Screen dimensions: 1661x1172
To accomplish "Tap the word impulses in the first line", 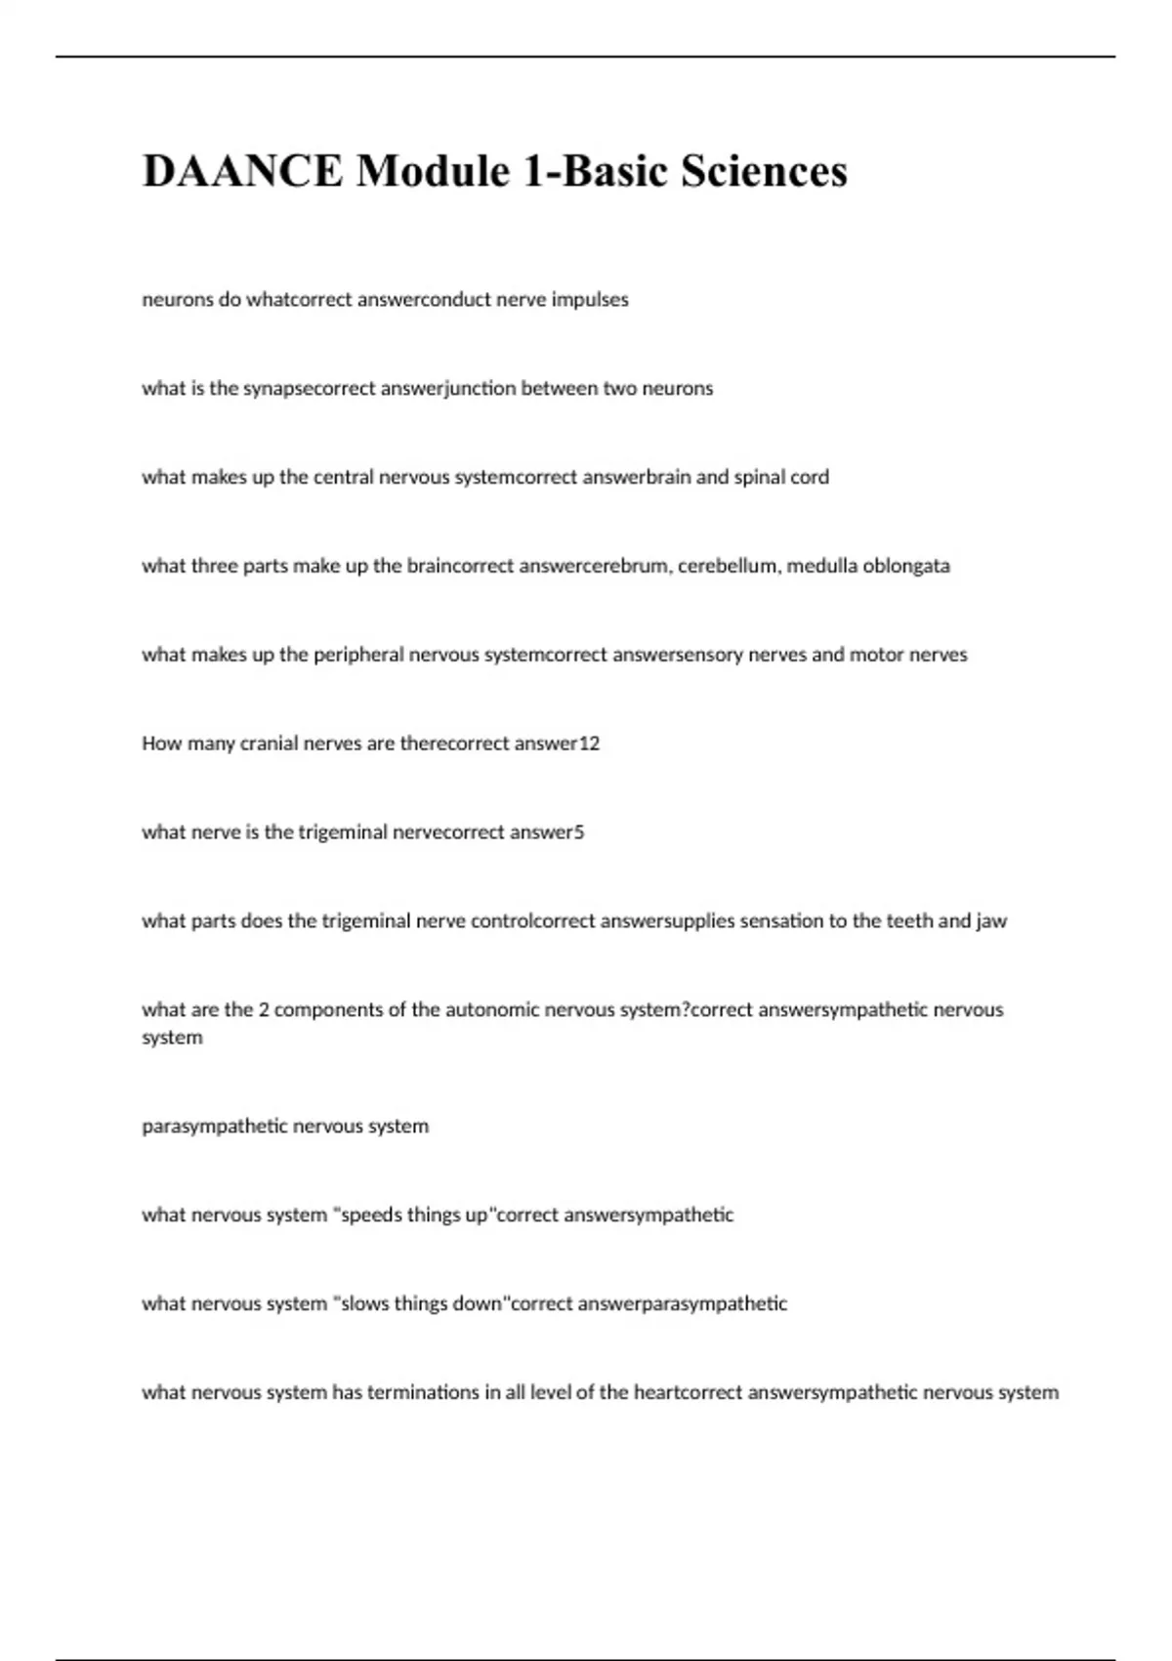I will tap(590, 300).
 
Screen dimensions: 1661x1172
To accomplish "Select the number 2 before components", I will tap(264, 1010).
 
